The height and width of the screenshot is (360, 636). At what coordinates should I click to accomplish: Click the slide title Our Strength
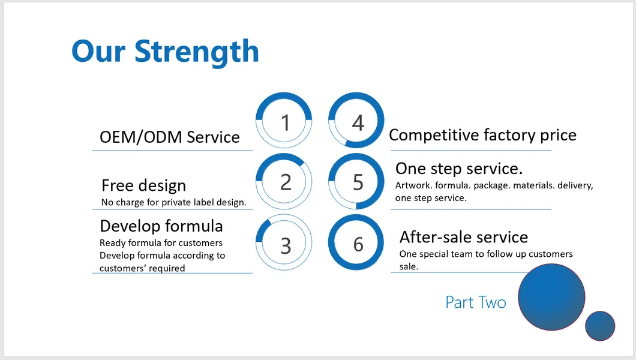coord(165,52)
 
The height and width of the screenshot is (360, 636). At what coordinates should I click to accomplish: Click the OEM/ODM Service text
coord(170,137)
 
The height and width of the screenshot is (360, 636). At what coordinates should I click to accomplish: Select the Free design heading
coord(143,185)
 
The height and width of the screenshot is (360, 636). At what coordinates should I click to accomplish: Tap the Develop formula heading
coord(161,226)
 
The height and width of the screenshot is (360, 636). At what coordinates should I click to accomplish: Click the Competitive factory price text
coord(482,136)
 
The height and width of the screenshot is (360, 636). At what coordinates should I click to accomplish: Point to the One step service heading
coord(459,169)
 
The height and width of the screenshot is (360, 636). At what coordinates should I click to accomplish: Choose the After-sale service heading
coord(464,237)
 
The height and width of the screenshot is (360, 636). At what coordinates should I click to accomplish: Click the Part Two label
coord(476,302)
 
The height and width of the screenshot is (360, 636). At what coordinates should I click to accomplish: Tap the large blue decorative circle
coord(551,297)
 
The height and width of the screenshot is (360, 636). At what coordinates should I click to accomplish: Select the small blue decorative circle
coord(600,326)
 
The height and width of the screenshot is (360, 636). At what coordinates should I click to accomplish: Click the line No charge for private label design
coord(173,202)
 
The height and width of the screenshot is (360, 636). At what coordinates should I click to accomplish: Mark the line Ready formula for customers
coord(161,243)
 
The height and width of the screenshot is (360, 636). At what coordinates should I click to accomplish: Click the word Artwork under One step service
coord(413,185)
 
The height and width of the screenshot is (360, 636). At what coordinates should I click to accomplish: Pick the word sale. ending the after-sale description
coord(409,266)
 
